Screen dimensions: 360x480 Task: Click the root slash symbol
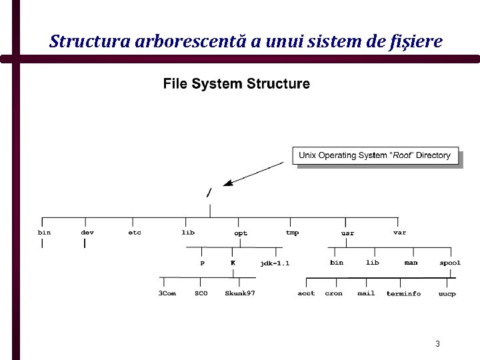(209, 193)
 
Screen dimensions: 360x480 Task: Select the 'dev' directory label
(87, 233)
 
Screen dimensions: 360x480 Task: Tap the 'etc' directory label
(135, 233)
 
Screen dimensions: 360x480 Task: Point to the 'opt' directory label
(241, 233)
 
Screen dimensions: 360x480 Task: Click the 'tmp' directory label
(292, 233)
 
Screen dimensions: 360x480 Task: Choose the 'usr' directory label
(347, 233)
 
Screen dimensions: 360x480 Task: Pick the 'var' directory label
(399, 233)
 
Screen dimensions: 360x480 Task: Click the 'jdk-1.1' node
(275, 263)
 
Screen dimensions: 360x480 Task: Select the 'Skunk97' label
(240, 293)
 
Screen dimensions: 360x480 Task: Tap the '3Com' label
(167, 293)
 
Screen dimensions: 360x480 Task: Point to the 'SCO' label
(201, 293)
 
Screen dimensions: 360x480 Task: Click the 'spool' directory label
(450, 263)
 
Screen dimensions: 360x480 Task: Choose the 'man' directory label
(411, 263)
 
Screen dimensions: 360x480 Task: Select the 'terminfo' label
(403, 294)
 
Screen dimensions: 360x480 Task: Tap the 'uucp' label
(447, 294)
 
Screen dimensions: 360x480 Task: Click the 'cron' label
(333, 293)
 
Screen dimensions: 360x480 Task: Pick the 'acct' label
(306, 293)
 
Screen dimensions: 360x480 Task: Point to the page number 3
(437, 344)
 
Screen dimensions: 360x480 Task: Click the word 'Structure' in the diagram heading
(278, 84)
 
